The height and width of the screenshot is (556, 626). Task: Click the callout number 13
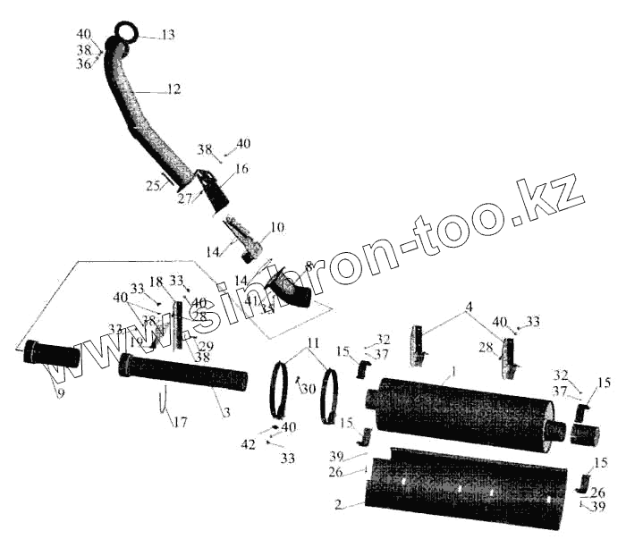click(x=167, y=35)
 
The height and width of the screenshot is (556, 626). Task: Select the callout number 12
click(x=173, y=89)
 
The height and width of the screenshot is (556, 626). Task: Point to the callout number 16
click(x=242, y=168)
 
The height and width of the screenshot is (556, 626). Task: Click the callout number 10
click(x=277, y=228)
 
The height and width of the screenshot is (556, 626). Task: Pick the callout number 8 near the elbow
click(x=309, y=265)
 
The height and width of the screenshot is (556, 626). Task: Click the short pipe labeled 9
click(x=52, y=353)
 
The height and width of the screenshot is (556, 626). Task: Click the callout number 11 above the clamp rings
click(x=312, y=343)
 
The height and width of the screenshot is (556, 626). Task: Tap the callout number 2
click(x=338, y=506)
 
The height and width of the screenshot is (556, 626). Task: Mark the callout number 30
click(x=308, y=389)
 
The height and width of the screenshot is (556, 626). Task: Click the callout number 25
click(x=153, y=186)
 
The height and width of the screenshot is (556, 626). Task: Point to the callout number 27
click(x=184, y=198)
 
